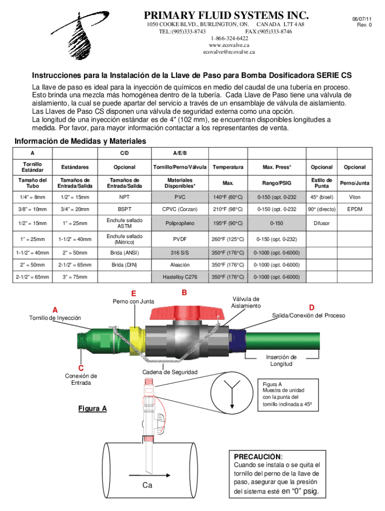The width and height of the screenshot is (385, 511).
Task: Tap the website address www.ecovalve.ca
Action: (x=229, y=45)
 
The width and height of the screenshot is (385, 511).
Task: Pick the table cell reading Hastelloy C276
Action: (x=179, y=276)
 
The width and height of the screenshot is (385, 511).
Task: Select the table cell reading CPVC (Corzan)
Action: (x=179, y=209)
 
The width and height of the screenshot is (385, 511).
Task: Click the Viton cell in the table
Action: (x=354, y=197)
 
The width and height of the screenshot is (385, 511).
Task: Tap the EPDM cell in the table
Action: (x=354, y=209)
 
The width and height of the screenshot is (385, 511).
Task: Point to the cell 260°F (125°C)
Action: (x=227, y=239)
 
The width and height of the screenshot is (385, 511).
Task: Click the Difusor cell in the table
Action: (x=321, y=224)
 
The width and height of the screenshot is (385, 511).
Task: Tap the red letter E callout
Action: (x=133, y=293)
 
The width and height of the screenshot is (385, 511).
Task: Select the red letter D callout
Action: (x=311, y=307)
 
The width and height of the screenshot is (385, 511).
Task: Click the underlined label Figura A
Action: (x=92, y=409)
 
